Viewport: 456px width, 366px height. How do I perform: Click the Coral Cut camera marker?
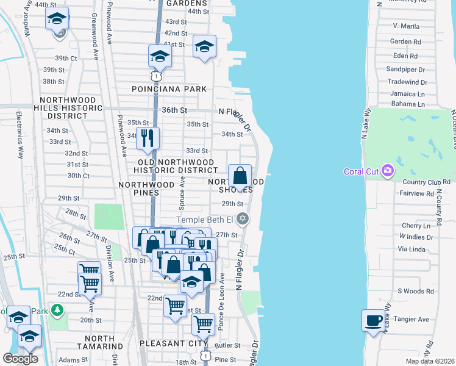pos(387,171)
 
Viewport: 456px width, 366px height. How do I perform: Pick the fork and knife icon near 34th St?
pos(147,138)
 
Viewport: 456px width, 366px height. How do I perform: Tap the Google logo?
pos(20,358)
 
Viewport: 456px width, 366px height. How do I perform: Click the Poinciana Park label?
pos(169,88)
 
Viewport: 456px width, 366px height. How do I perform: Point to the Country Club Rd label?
pos(426,182)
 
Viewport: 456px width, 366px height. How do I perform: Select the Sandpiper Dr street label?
pos(405,70)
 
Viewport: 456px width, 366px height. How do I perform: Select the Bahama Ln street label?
pos(407,104)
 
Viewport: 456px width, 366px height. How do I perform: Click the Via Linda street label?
pos(410,249)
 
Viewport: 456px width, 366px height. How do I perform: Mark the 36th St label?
pos(174,110)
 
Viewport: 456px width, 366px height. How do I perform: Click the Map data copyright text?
pos(429,361)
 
